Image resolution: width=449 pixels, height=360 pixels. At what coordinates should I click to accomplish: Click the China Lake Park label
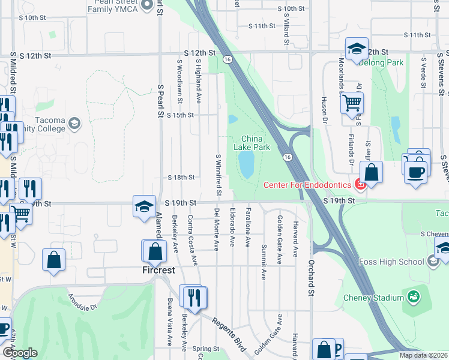(x=252, y=142)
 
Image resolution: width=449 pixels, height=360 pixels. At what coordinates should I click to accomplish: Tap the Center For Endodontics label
(x=309, y=184)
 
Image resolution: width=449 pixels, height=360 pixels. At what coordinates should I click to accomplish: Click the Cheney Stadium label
(x=373, y=298)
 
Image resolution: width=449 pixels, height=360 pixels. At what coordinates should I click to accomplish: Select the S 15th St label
(x=181, y=115)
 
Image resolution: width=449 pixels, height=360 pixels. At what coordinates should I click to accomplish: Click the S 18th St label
(x=181, y=178)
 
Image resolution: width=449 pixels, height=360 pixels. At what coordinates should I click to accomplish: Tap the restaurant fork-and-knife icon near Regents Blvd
(x=194, y=296)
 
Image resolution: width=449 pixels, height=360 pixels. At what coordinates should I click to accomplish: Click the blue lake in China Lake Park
(x=246, y=164)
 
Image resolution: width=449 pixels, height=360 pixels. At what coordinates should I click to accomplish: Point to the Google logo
(x=19, y=353)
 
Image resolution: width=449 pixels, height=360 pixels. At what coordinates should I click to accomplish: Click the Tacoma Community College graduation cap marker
(x=74, y=124)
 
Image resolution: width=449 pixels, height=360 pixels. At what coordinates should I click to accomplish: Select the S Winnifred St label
(x=217, y=174)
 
